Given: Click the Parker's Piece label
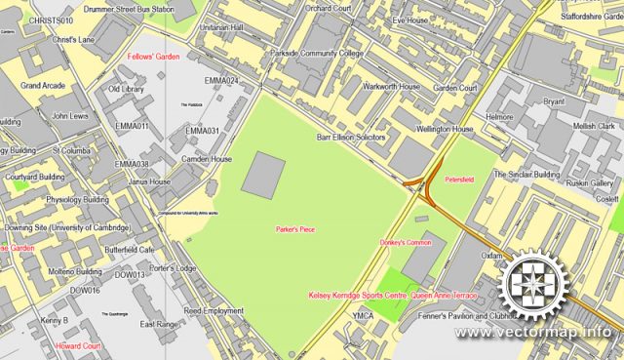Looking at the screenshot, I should (x=294, y=228).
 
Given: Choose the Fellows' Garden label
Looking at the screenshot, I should (x=154, y=58).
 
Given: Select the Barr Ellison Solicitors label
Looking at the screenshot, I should (x=351, y=139).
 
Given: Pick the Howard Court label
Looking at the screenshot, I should (x=78, y=346).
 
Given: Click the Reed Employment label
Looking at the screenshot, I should (x=214, y=311).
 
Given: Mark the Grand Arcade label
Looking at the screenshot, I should (x=43, y=86).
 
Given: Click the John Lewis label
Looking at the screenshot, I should (x=70, y=115).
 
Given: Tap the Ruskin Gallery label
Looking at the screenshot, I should (x=590, y=183).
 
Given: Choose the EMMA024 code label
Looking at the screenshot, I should (x=221, y=80).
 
